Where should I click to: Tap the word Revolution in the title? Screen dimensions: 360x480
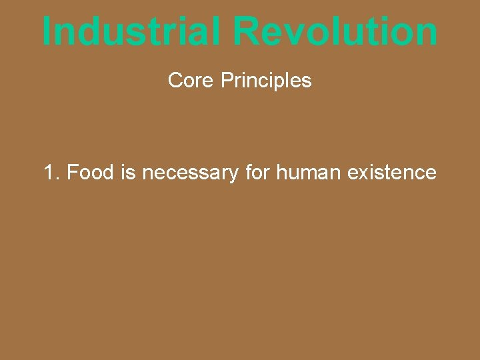pyautogui.click(x=335, y=31)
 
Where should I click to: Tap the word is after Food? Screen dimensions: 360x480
pyautogui.click(x=129, y=173)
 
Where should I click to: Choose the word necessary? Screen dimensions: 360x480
pyautogui.click(x=190, y=173)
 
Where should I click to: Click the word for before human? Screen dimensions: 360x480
pyautogui.click(x=257, y=173)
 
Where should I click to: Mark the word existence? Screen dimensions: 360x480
pyautogui.click(x=392, y=173)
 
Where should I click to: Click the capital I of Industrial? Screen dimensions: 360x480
pyautogui.click(x=47, y=31)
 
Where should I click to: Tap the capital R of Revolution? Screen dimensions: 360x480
pyautogui.click(x=247, y=31)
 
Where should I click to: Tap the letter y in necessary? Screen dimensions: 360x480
pyautogui.click(x=233, y=175)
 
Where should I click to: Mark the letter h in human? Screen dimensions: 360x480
pyautogui.click(x=281, y=173)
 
